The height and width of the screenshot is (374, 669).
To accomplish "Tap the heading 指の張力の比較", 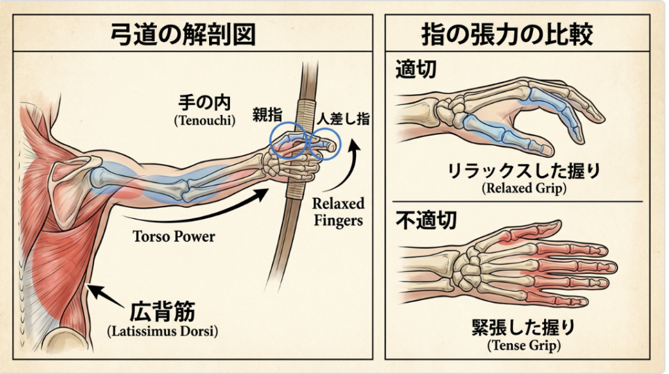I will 517,33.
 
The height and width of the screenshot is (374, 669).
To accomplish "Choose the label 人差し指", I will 342,119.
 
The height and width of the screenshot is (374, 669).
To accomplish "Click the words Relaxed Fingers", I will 338,212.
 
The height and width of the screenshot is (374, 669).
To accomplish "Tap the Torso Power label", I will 174,236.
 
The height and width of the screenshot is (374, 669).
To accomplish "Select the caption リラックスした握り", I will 523,173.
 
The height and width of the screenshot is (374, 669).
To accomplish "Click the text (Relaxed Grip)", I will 523,189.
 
